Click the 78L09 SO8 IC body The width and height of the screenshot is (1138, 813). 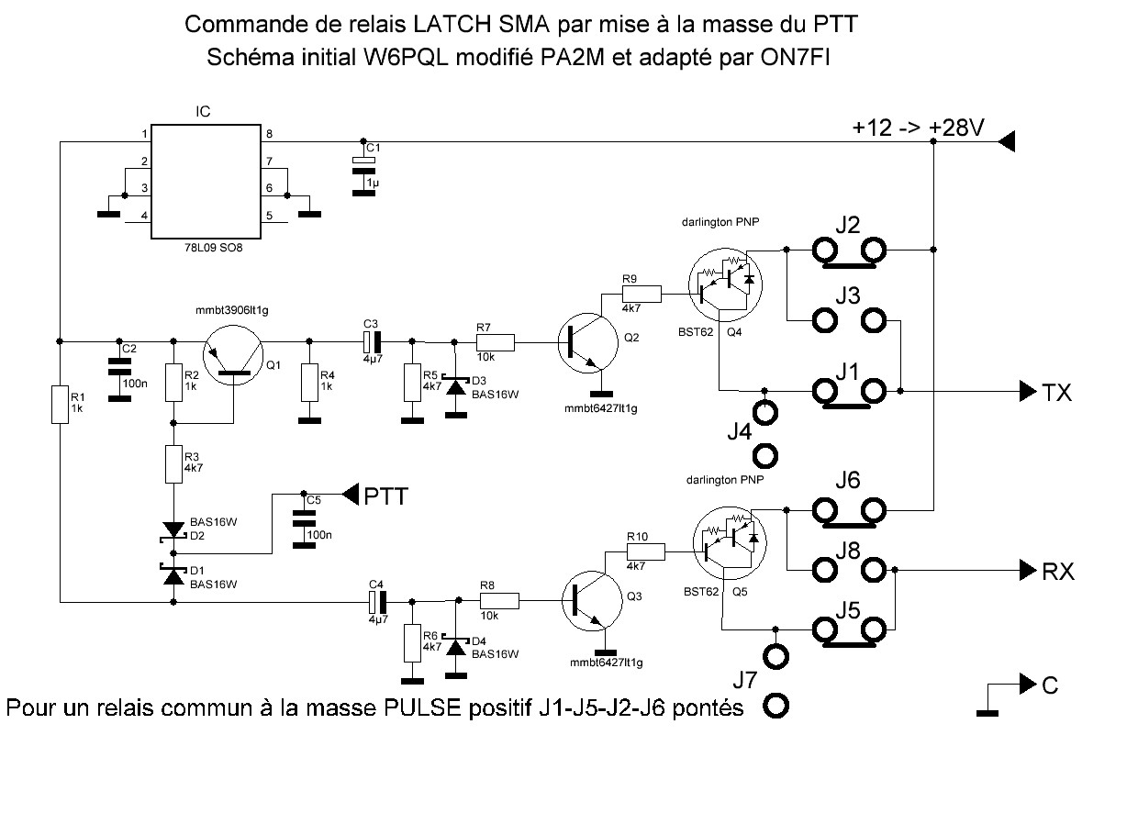tap(203, 180)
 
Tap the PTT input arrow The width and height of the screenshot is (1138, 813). tap(350, 495)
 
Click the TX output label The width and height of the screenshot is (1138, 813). tap(1057, 393)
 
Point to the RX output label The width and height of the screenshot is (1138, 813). tap(1057, 572)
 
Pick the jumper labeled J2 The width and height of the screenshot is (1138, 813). tap(848, 249)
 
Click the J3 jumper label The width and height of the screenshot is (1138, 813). tap(847, 296)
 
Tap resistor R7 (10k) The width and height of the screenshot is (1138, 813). tap(496, 342)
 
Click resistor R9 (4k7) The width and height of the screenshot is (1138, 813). tap(642, 294)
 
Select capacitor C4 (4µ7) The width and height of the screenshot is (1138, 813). tap(375, 601)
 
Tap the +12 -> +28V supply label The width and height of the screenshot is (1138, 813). tap(918, 129)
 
